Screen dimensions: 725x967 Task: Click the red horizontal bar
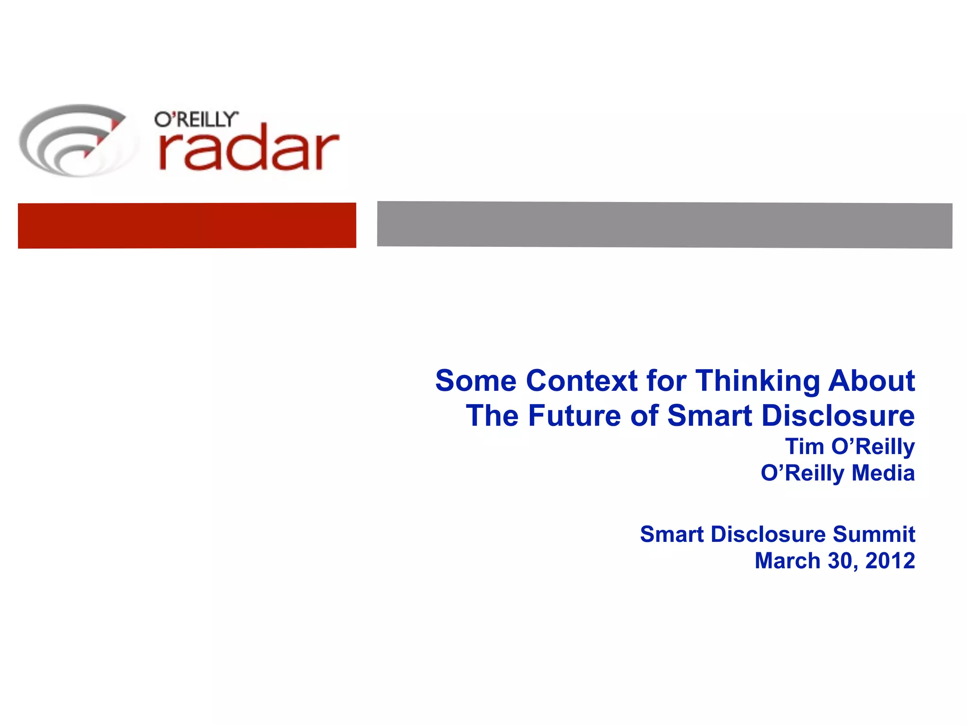[x=187, y=226]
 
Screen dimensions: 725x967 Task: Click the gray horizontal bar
[x=664, y=225]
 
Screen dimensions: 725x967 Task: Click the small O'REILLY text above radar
[x=196, y=119]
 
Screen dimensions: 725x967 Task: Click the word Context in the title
[x=582, y=380]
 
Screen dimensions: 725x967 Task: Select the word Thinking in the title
[x=757, y=380]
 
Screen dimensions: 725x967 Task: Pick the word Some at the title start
[x=475, y=380]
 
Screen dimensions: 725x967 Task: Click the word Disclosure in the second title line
[x=838, y=416]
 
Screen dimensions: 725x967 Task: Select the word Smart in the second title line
[x=709, y=416]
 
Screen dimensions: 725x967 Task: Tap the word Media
[x=883, y=473]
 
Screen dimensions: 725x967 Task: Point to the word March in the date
[x=787, y=561]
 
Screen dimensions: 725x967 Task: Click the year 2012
[x=890, y=561]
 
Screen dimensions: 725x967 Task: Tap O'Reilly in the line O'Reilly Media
[x=802, y=473]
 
